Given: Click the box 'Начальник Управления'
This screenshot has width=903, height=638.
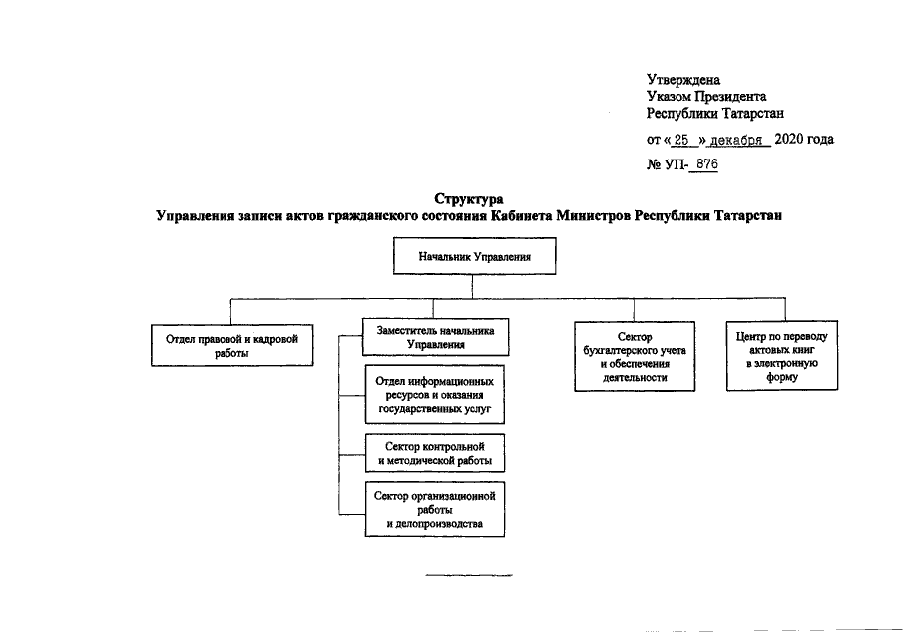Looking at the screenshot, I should pyautogui.click(x=473, y=256).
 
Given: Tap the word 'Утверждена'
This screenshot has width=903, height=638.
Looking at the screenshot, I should pyautogui.click(x=683, y=79).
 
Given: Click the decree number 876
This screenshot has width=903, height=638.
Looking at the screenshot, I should pyautogui.click(x=705, y=165).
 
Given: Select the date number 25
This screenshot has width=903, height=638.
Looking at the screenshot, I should pyautogui.click(x=681, y=140).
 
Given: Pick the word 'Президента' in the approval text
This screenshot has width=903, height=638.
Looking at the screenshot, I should pyautogui.click(x=730, y=97).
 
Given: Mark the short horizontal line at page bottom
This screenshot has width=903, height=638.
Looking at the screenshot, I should pyautogui.click(x=469, y=576).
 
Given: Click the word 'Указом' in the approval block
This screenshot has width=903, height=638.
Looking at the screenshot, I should pyautogui.click(x=668, y=97).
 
